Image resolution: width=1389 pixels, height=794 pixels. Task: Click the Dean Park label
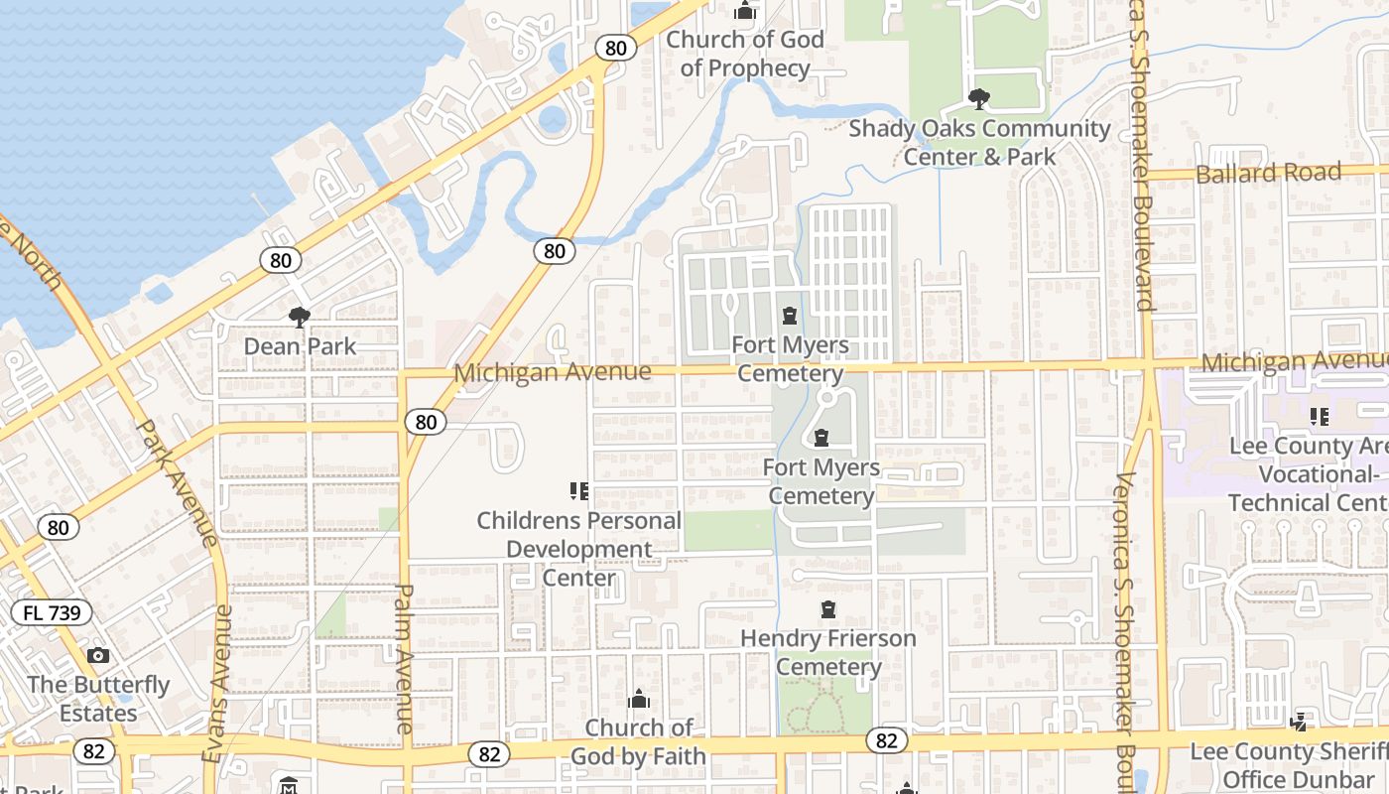pos(300,346)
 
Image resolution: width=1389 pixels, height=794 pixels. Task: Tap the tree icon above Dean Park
pos(299,318)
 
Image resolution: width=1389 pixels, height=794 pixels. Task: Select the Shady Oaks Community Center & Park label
pos(979,143)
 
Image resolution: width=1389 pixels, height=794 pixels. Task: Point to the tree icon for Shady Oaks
pos(979,99)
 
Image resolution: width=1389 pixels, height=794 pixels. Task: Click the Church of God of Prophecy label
pos(745,54)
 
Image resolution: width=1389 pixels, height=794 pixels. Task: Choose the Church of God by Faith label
pos(639,741)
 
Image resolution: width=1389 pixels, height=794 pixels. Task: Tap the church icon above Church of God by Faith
pos(639,700)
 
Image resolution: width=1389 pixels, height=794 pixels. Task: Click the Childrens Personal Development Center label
pos(579,549)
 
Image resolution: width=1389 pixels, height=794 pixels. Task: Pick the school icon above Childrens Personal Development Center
pos(579,490)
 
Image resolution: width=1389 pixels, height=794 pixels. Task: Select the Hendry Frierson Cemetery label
pos(828,652)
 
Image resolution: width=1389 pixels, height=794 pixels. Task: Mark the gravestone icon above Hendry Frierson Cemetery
pos(828,609)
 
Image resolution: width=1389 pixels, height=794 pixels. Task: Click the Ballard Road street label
pos(1269,174)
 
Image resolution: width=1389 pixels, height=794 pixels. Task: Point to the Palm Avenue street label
pos(404,659)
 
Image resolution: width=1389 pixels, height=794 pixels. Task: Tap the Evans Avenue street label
pos(216,684)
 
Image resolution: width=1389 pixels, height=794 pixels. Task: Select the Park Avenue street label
pos(176,483)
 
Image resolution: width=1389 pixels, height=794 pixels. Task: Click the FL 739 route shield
pos(52,612)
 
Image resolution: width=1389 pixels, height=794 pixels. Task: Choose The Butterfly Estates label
pos(98,699)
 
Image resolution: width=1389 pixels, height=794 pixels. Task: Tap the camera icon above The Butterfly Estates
pos(97,655)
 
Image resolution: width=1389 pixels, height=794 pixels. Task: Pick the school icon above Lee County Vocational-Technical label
pos(1319,417)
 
